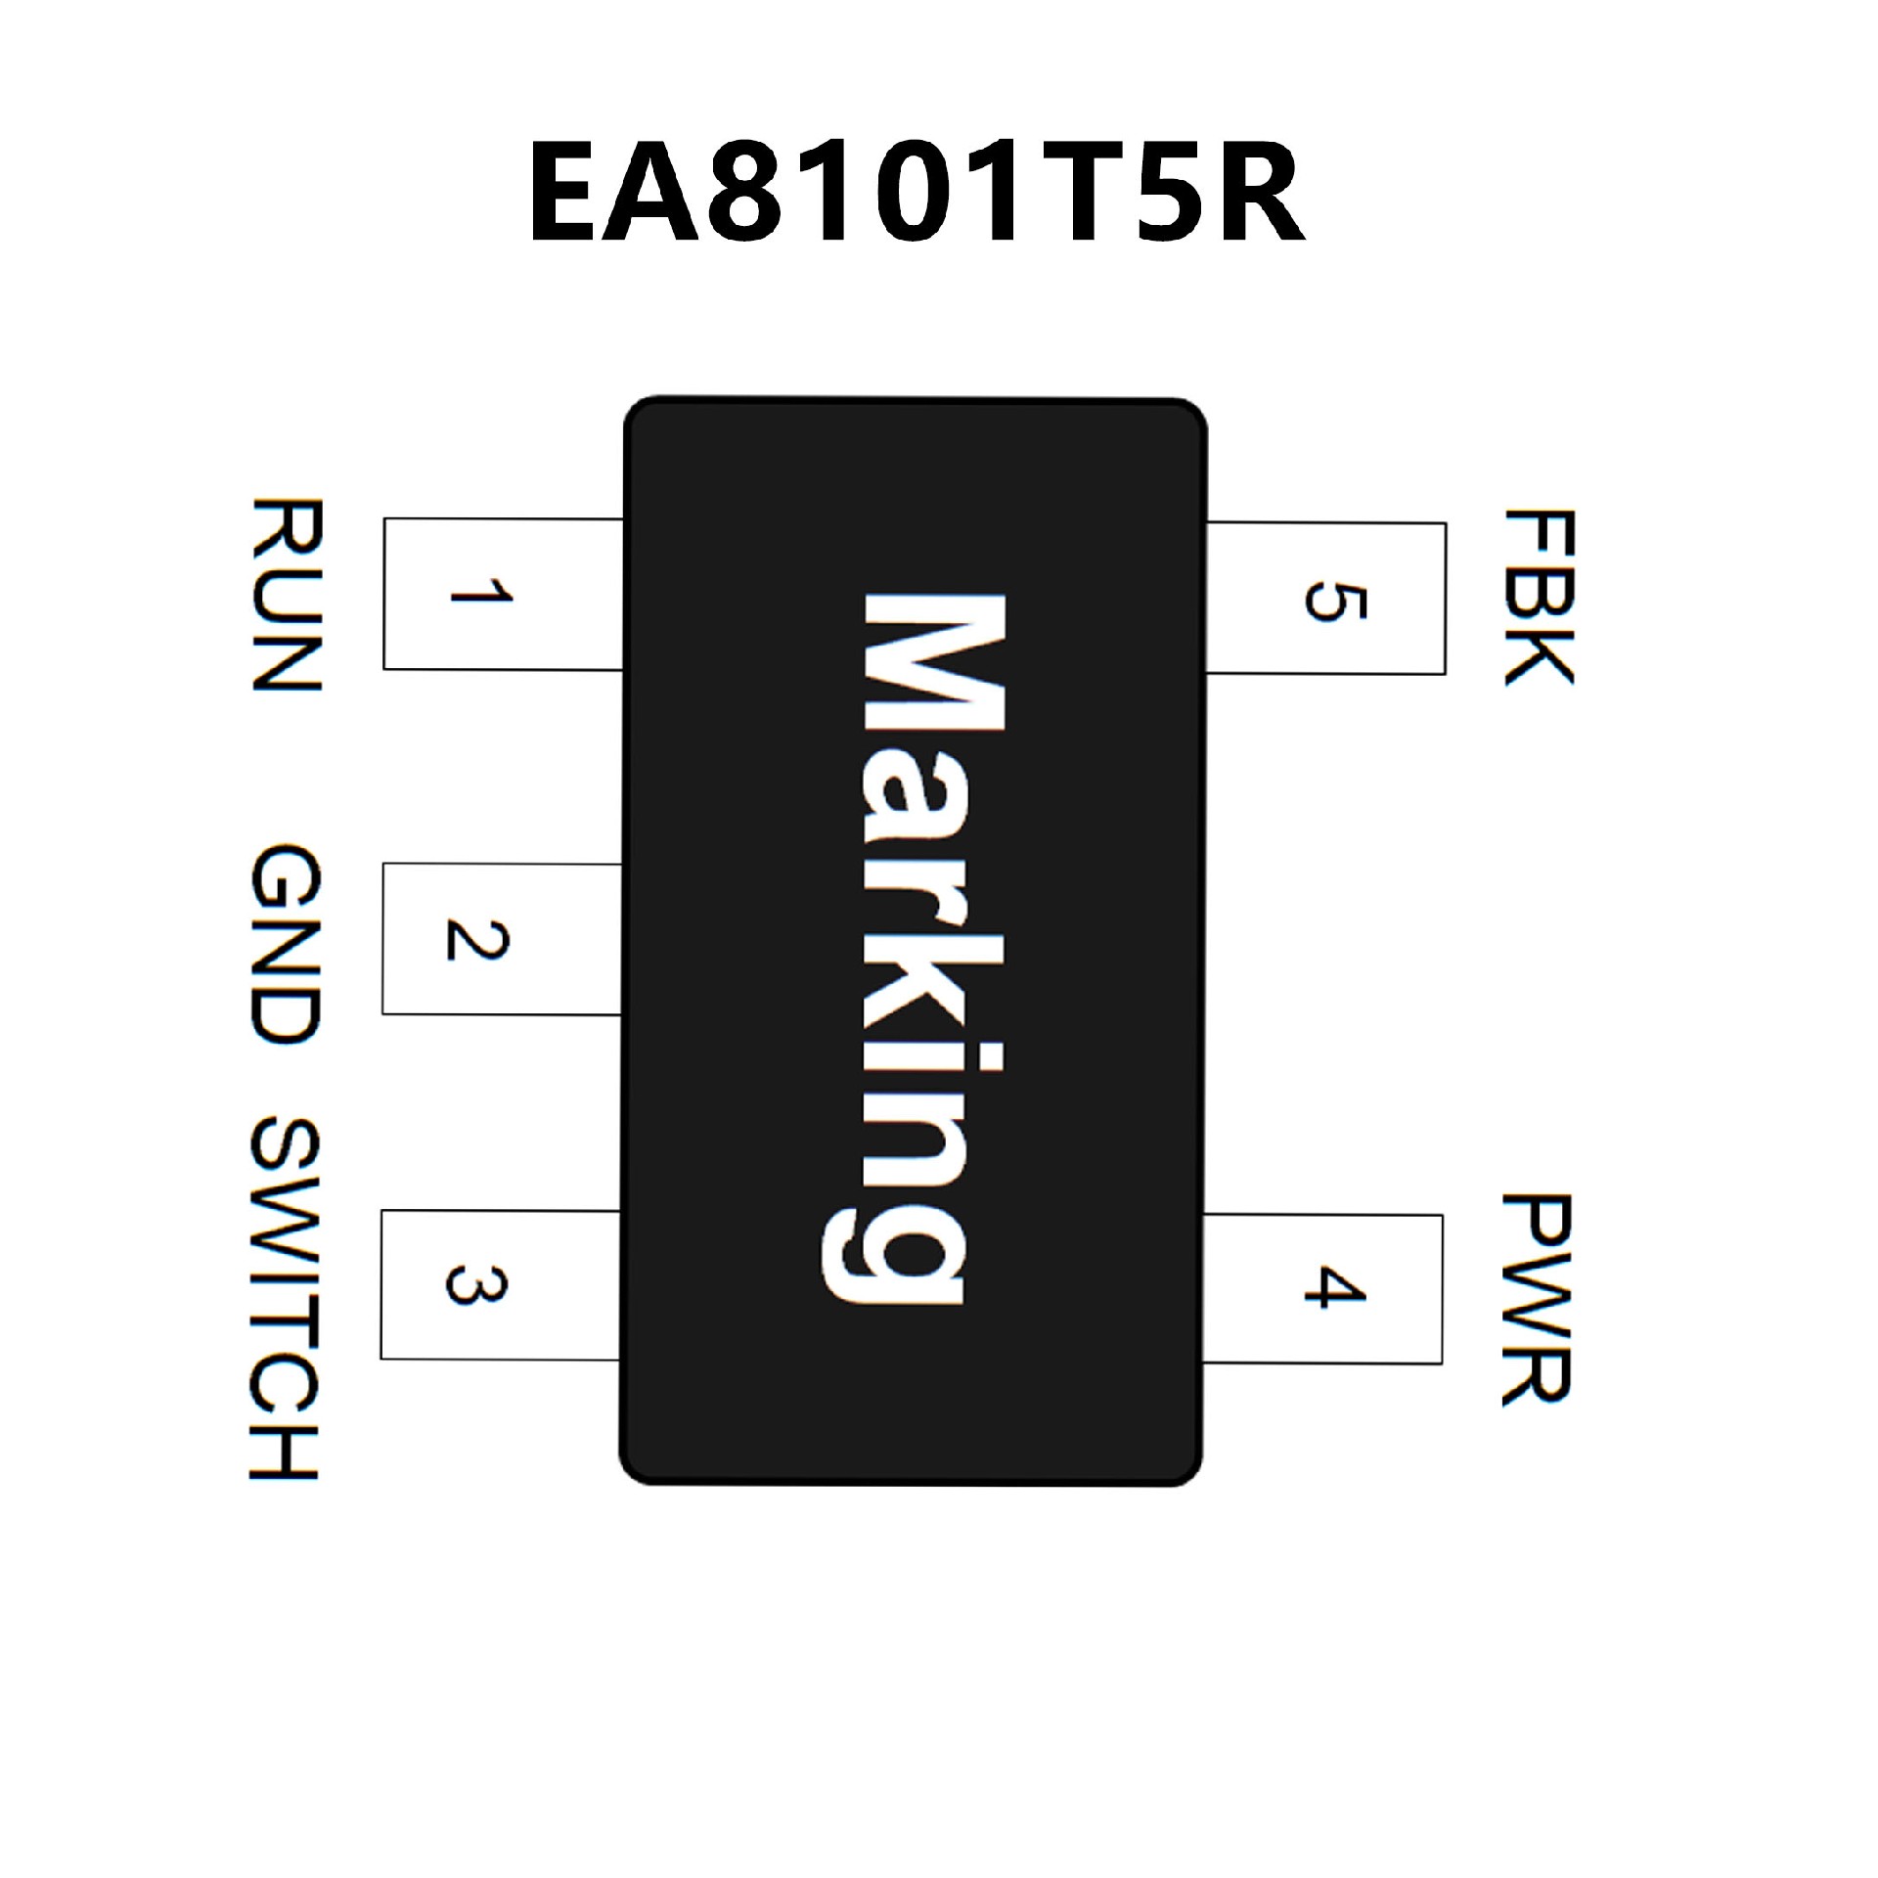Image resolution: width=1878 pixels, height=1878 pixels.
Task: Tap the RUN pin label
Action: point(286,594)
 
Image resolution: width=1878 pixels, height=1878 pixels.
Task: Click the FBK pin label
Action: point(1538,597)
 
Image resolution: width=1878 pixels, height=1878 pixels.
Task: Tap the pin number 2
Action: point(477,939)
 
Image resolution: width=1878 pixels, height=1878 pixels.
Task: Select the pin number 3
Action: point(476,1284)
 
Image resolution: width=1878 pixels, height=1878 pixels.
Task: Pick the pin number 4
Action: point(1334,1287)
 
